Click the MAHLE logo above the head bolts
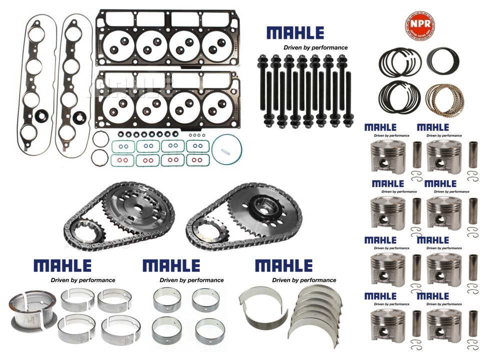point(295,33)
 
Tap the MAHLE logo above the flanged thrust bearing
point(62,265)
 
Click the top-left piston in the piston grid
point(386,155)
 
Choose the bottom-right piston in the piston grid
point(444,325)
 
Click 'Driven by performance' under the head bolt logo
point(315,47)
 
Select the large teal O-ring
point(227,148)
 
